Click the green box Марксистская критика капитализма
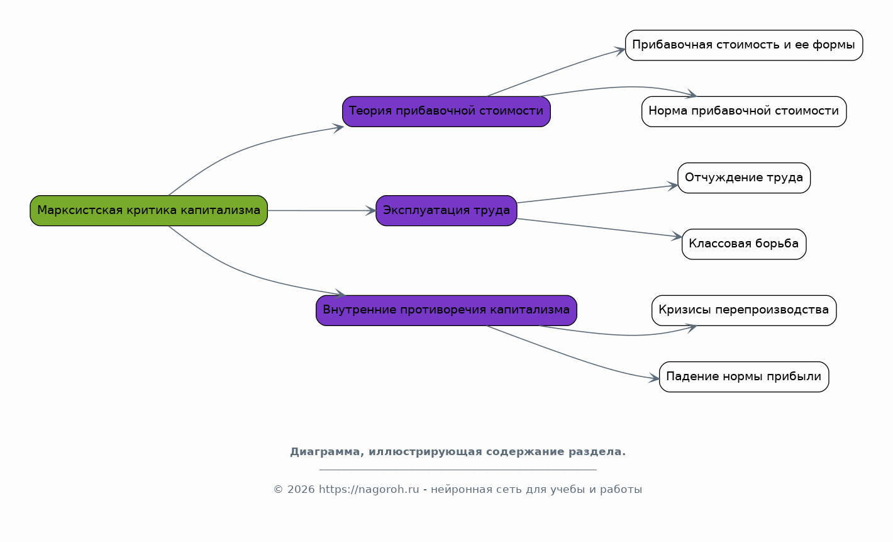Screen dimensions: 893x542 pos(148,211)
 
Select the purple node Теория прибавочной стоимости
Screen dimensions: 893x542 pos(446,111)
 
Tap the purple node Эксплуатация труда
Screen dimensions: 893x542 pos(446,211)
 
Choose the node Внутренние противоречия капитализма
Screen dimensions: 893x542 pos(446,310)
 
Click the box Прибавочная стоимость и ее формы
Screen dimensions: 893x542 pos(744,45)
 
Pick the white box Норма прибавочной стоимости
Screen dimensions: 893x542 pos(744,111)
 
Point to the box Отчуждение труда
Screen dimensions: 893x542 pos(744,178)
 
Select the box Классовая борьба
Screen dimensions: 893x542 pos(744,244)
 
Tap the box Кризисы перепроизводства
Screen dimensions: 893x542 pos(744,310)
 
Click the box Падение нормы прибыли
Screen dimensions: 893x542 pos(744,376)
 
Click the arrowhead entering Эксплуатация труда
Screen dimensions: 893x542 pos(371,211)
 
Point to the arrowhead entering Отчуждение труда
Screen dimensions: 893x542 pos(673,186)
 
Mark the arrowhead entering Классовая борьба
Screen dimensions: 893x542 pos(677,236)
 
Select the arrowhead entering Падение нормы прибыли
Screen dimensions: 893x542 pos(654,378)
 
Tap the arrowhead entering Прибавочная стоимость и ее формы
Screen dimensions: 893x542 pos(620,51)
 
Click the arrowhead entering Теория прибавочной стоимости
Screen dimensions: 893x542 pos(338,128)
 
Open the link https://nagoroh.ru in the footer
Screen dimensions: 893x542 pos(369,489)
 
